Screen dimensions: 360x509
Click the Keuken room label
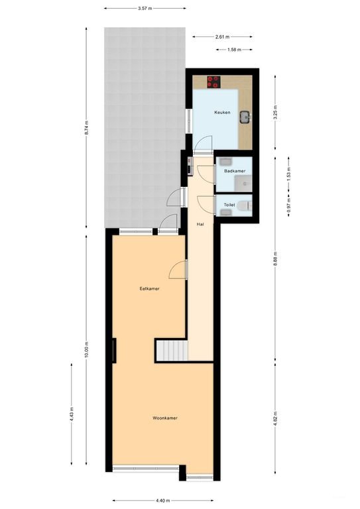(x=222, y=112)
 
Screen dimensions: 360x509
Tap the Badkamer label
(x=235, y=171)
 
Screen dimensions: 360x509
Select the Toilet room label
(x=229, y=205)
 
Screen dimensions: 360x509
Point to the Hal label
(x=201, y=224)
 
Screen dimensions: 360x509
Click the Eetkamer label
(x=149, y=288)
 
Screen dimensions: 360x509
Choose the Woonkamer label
(x=165, y=418)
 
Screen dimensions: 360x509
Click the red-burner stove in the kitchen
(x=213, y=82)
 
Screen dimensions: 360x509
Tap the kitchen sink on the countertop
(x=245, y=117)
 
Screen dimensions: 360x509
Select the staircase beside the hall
(x=172, y=350)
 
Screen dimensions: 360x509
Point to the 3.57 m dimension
(x=145, y=9)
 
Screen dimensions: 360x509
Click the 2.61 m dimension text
(x=222, y=37)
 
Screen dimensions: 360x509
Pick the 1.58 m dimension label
(x=234, y=50)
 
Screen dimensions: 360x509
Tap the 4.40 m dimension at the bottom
(x=163, y=500)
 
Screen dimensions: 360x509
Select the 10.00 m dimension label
(x=86, y=350)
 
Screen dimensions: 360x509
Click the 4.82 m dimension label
(x=275, y=418)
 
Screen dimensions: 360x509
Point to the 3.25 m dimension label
(x=275, y=113)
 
